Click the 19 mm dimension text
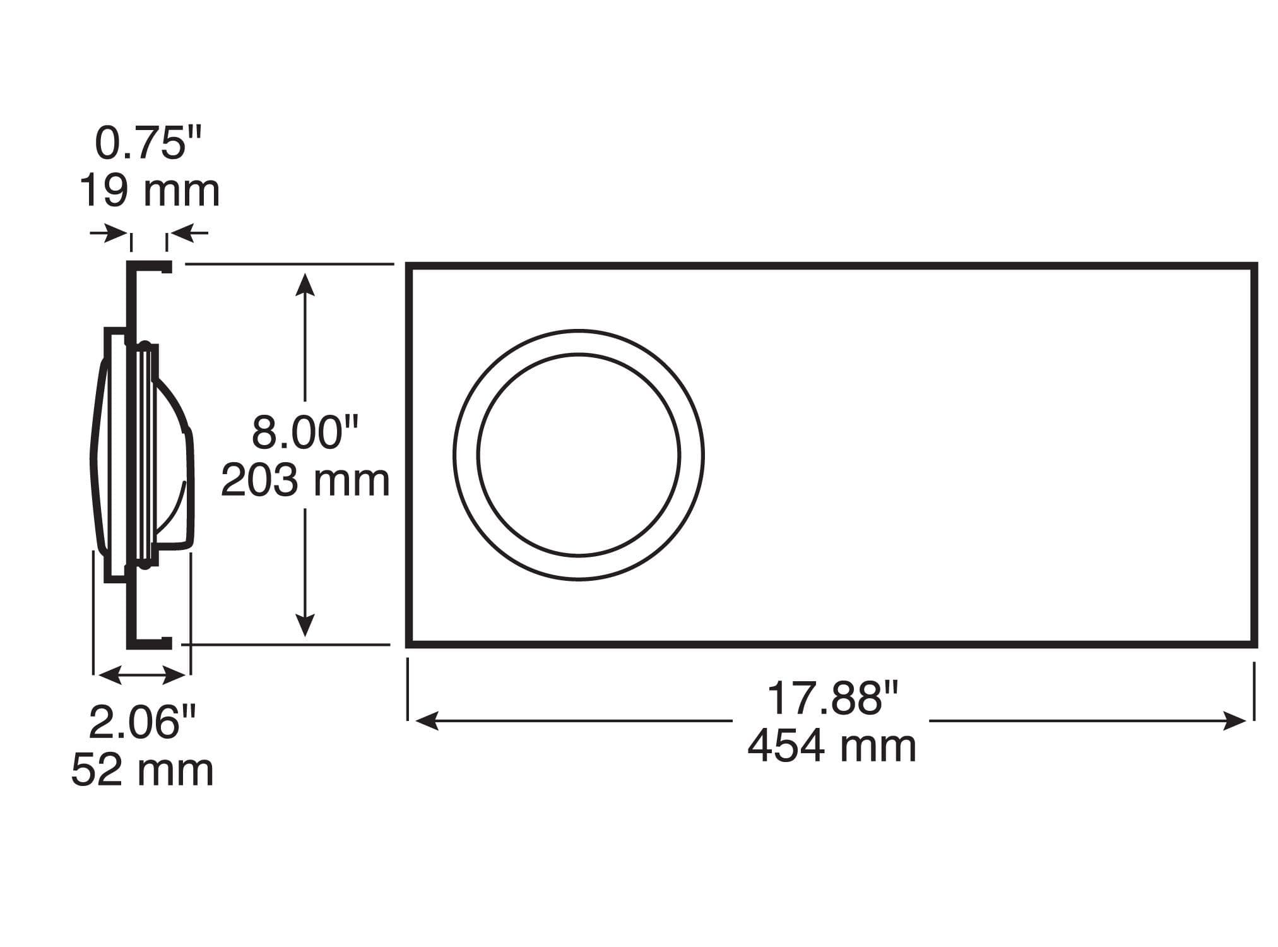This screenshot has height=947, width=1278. pos(149,191)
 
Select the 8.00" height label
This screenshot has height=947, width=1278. pos(304,433)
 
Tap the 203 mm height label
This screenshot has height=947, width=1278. pos(305,481)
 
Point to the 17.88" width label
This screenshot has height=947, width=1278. pos(832,699)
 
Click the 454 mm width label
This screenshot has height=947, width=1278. pos(832,746)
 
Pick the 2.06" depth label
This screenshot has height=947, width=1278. pos(142,723)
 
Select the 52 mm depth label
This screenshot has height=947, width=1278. pos(142,770)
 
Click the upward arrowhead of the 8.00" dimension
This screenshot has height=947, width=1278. pos(305,284)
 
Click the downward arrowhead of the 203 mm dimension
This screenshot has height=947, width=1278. pos(305,625)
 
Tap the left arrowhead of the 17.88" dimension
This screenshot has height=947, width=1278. pos(427,721)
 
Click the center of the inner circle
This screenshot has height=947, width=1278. pos(579,455)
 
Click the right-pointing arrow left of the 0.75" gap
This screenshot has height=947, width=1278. pos(109,234)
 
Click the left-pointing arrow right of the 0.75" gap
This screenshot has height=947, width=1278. pos(189,234)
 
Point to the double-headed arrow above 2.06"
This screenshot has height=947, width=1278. pos(142,676)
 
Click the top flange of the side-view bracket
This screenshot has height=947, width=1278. pos(150,266)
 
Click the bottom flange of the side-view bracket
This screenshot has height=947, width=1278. pos(150,643)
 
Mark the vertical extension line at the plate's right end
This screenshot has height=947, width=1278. pos(1253,691)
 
